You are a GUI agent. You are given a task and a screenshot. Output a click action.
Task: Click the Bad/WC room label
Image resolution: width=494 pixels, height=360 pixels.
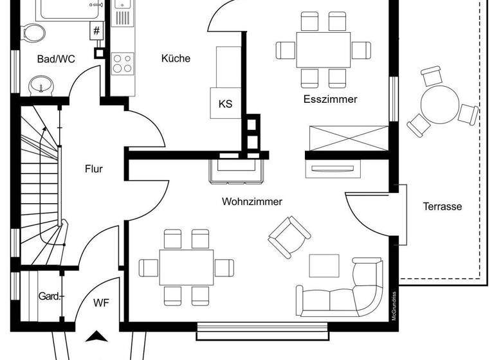coord(56,59)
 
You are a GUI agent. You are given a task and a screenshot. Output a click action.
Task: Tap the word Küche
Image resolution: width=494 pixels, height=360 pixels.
coord(176,59)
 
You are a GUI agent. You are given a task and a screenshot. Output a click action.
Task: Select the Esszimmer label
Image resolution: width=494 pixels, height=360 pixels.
coord(330,99)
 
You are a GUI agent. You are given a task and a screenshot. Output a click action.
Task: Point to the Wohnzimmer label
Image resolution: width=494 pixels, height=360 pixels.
coord(252,201)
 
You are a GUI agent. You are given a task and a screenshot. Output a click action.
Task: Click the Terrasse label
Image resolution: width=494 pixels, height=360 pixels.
coord(443,206)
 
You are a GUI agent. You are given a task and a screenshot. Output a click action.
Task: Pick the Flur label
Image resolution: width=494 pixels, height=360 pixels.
coord(94,169)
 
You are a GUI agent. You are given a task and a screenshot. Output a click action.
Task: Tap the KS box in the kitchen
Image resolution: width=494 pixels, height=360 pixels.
coord(225,104)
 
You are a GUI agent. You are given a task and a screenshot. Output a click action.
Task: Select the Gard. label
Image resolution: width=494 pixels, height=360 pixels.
coord(50,296)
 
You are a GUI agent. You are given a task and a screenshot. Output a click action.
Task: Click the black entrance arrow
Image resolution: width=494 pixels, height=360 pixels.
coord(97,336)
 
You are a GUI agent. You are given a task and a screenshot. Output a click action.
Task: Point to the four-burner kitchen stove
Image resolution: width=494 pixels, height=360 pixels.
coord(122,63)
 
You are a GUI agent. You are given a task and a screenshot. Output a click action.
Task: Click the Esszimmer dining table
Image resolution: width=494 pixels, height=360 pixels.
coord(324,49)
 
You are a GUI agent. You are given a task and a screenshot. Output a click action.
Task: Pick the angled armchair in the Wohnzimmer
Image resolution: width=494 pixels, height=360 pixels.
coord(289,235)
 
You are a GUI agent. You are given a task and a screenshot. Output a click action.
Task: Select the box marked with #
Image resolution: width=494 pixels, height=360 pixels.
coord(96,30)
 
